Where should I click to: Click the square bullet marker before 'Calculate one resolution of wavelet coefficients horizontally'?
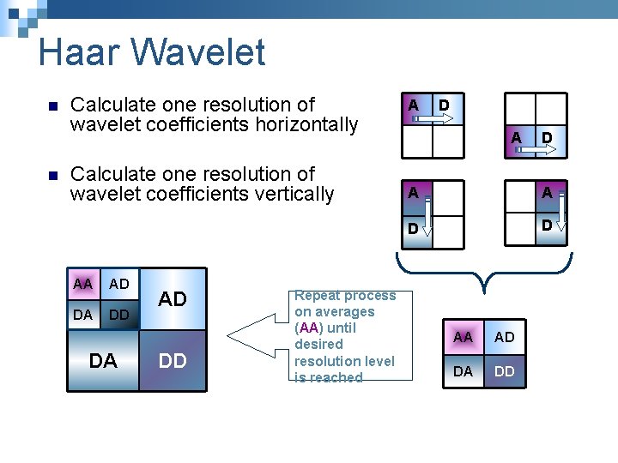tap(49, 106)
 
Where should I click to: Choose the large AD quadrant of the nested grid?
tap(173, 299)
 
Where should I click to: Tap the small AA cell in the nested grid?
tap(83, 284)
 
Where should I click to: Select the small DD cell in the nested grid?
tap(119, 315)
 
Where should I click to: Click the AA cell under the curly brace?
tap(463, 337)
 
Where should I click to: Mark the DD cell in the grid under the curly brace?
tap(505, 370)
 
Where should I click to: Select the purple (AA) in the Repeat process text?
tap(309, 328)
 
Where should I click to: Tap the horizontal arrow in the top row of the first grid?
tap(432, 121)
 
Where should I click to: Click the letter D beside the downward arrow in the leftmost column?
tap(413, 230)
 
